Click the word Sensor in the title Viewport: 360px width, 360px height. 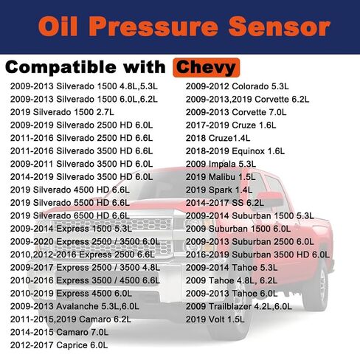coord(279,27)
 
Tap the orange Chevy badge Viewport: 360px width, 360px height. coord(206,68)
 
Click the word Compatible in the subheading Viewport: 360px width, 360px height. coord(60,68)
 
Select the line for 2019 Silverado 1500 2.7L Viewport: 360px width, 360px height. coord(62,112)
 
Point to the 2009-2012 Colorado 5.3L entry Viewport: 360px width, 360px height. coord(238,86)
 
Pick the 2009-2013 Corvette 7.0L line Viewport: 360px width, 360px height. coord(236,112)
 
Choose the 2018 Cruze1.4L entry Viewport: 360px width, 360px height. coord(218,138)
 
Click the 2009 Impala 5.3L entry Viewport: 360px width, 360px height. coord(221,164)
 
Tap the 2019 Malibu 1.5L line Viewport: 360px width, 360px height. coord(221,177)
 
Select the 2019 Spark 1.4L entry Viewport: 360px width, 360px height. coord(219,190)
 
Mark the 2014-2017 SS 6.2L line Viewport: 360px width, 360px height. coord(225,203)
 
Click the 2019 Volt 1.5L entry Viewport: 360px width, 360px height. coord(215,319)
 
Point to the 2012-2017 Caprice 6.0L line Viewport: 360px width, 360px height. coord(59,345)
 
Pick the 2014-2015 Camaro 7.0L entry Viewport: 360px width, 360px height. coord(59,332)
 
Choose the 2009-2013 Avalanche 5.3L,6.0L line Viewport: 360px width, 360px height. coord(75,306)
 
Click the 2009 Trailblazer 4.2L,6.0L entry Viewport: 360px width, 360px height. coord(239,306)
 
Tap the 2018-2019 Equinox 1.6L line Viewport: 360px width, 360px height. coord(235,151)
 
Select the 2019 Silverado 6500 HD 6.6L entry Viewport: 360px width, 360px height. coord(70,215)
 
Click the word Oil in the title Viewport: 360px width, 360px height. coord(58,27)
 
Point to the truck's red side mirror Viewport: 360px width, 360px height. coord(271,199)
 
